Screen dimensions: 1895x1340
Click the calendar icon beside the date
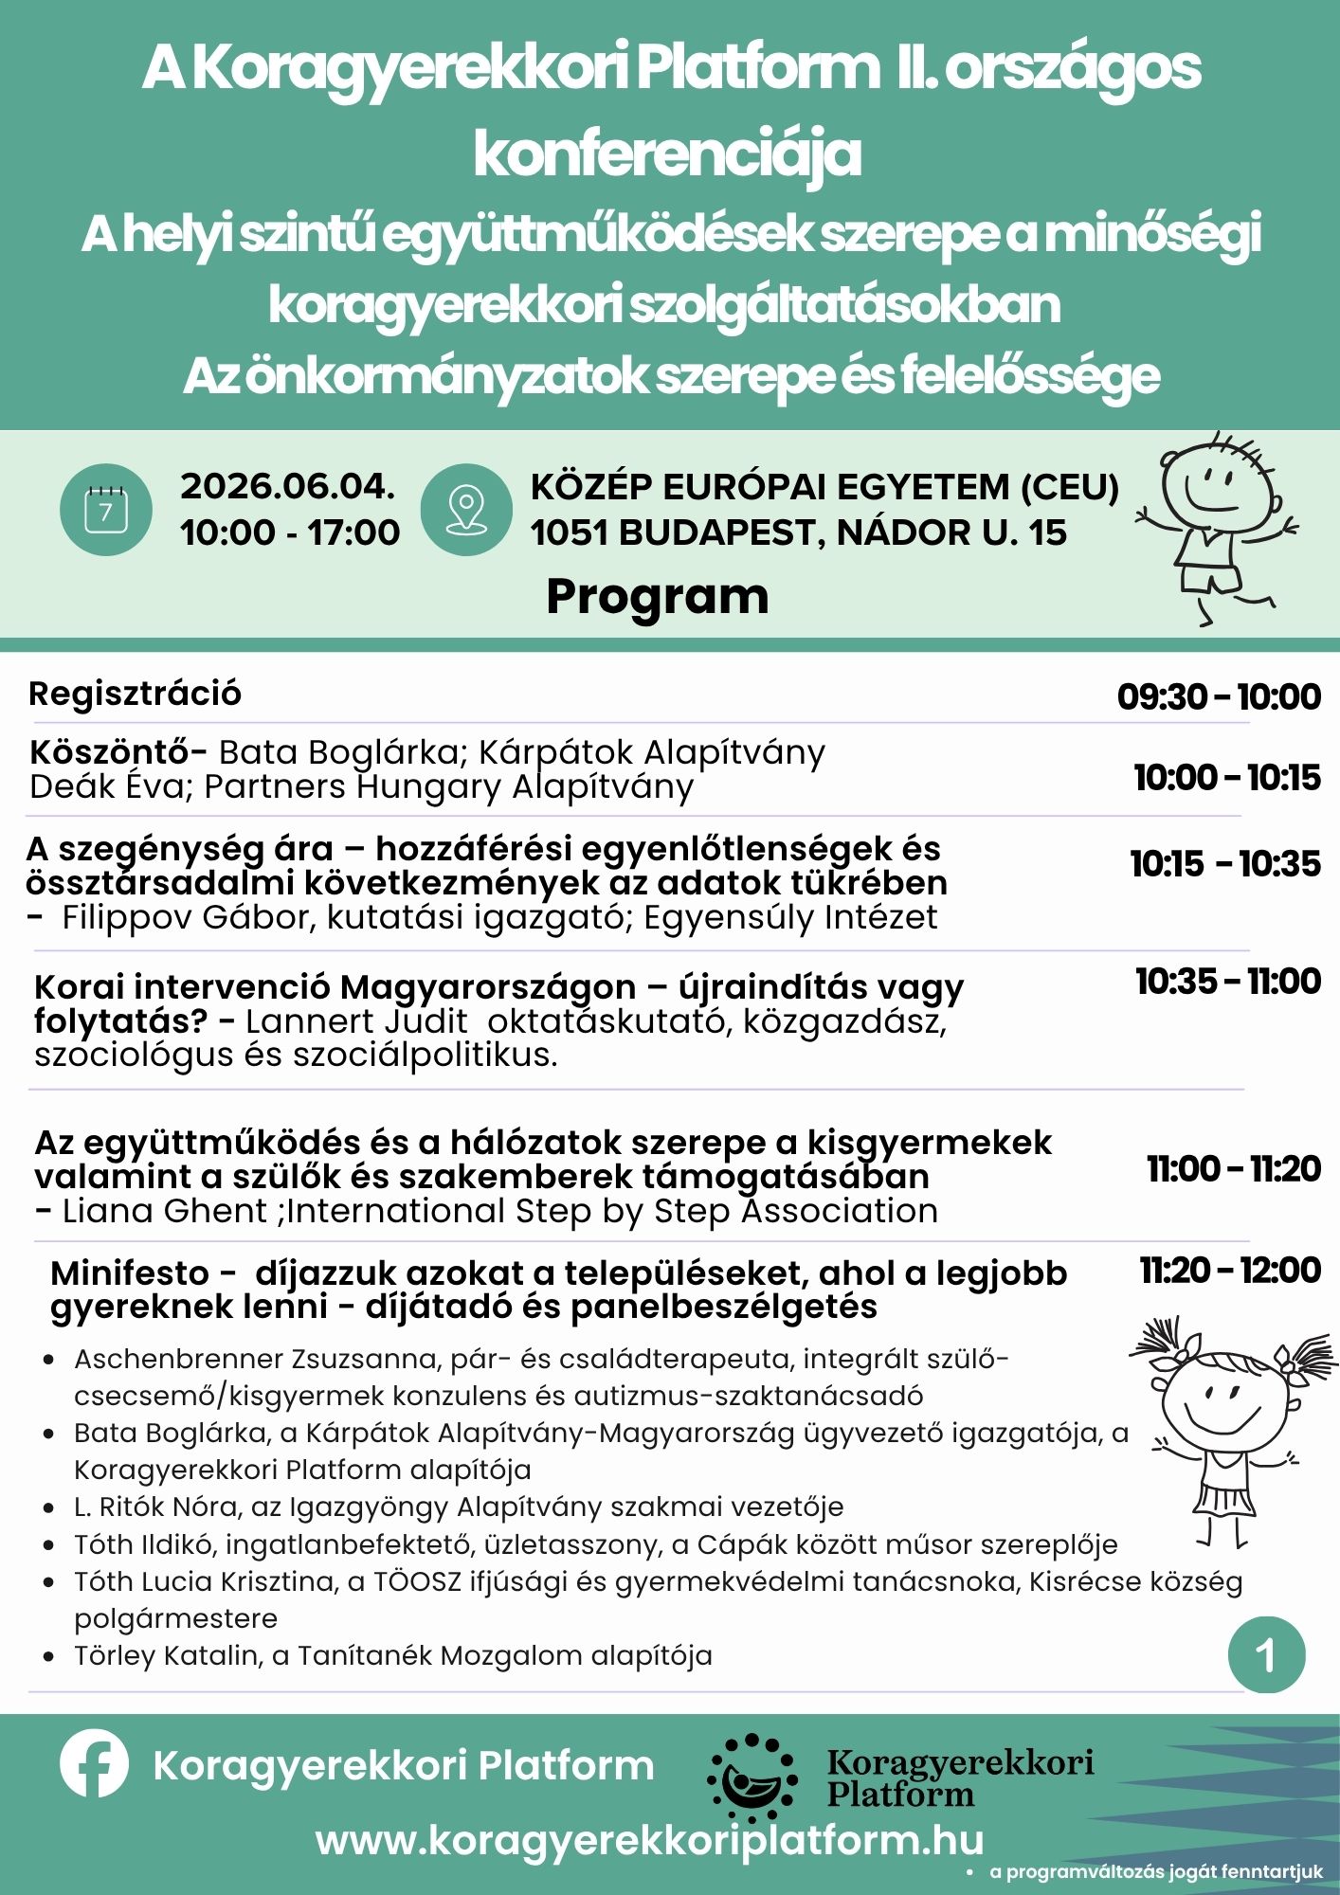(x=105, y=510)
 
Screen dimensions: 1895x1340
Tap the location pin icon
(x=466, y=510)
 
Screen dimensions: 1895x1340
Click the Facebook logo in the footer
(x=94, y=1763)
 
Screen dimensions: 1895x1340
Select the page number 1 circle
(x=1266, y=1655)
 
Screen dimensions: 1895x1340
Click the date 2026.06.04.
(x=288, y=486)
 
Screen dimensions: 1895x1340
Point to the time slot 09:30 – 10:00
(x=1219, y=696)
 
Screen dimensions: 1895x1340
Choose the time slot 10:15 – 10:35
(x=1224, y=863)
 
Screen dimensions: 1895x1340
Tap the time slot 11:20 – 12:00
(x=1230, y=1270)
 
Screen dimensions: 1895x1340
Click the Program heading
(x=658, y=597)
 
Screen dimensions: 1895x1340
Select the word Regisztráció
(x=136, y=694)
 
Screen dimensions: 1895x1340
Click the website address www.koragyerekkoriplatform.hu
(x=649, y=1840)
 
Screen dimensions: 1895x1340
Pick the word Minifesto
(x=130, y=1272)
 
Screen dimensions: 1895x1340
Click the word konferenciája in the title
(x=668, y=153)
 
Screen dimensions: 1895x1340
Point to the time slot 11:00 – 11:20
(x=1234, y=1168)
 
